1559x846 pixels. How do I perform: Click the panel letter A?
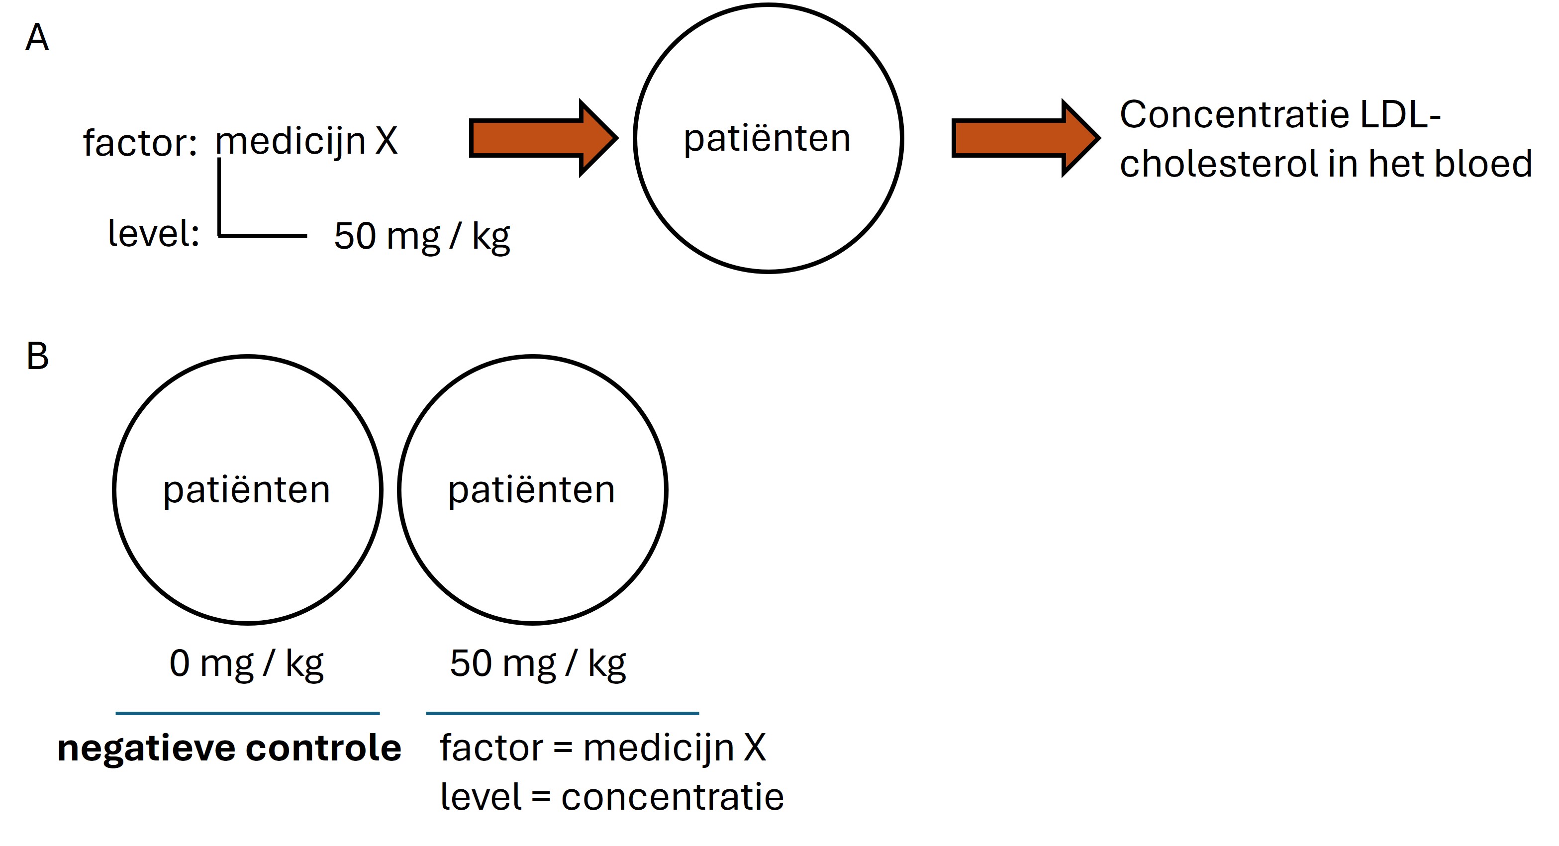pos(37,38)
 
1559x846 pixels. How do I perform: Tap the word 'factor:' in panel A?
pos(140,143)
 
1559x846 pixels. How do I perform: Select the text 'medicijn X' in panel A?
pos(306,142)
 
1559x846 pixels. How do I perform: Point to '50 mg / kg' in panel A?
pos(422,236)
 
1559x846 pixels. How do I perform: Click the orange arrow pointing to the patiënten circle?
pos(542,138)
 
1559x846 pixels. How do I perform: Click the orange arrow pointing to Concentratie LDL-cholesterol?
pos(1025,138)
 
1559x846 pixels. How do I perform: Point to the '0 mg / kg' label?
pos(246,663)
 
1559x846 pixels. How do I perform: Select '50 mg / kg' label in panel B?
pos(537,663)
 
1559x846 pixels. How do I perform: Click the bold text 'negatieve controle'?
pos(229,748)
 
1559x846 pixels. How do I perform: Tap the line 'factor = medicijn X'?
pos(603,748)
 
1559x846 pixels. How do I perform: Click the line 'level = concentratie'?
pos(611,797)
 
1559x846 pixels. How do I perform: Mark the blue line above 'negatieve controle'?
pos(248,714)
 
